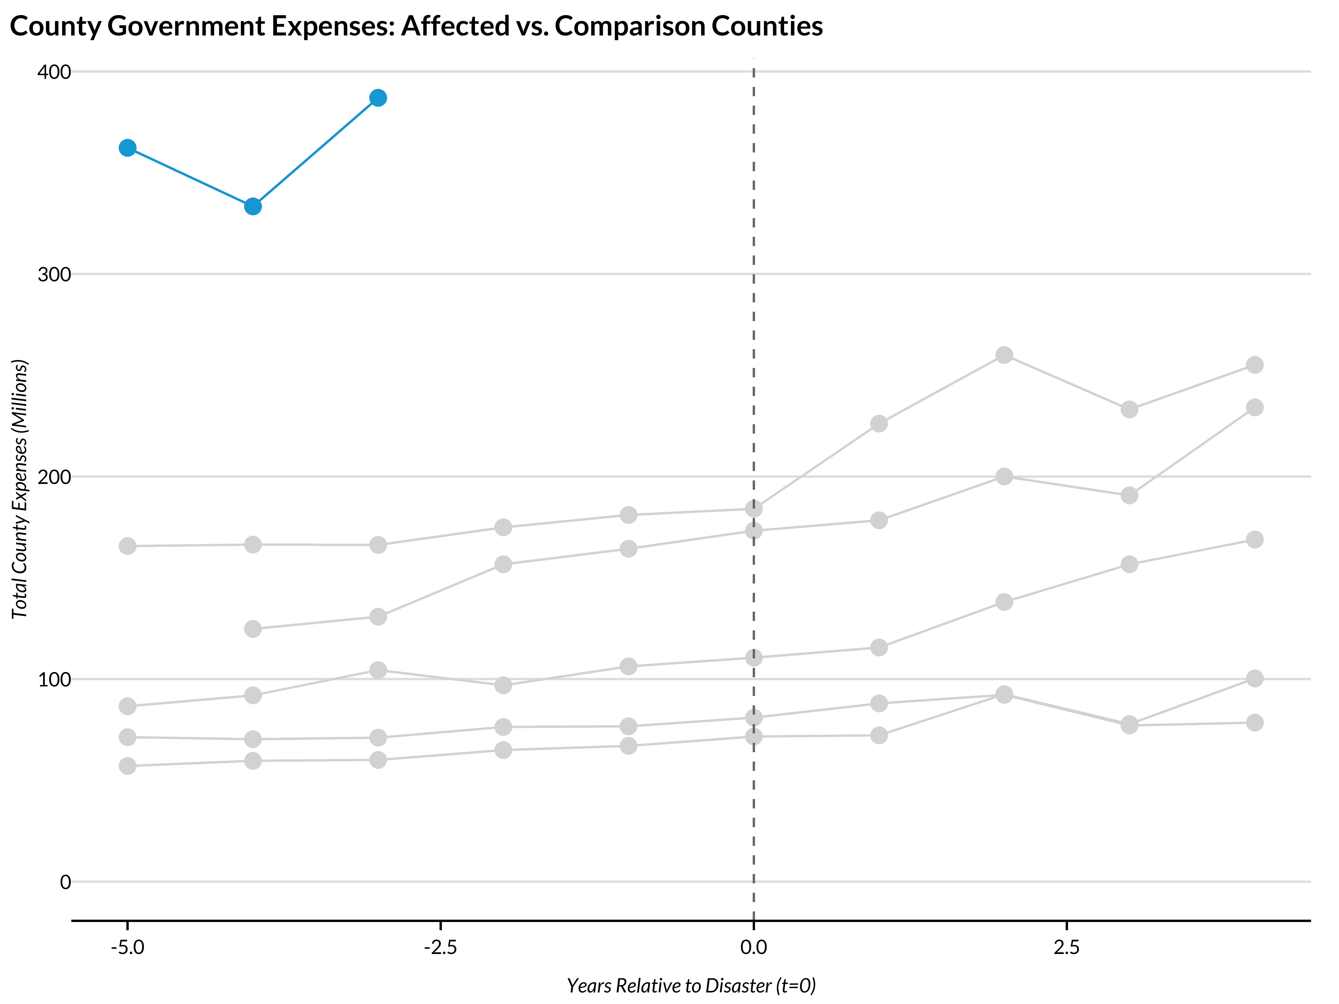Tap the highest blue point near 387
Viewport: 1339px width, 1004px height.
coord(378,97)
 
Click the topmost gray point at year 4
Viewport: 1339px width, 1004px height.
coord(1254,365)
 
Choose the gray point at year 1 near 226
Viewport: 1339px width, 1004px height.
coord(878,424)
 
